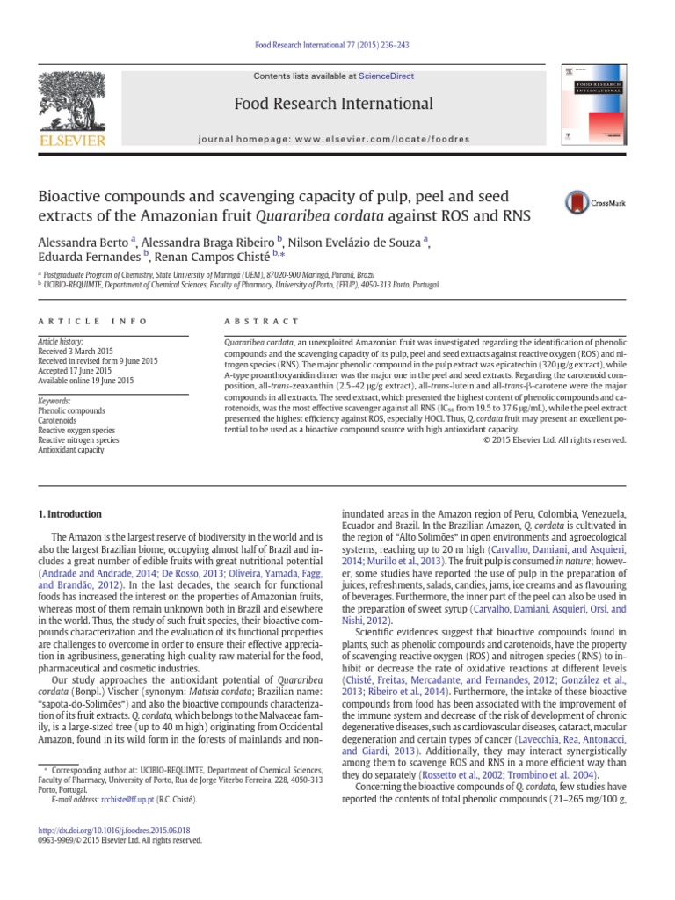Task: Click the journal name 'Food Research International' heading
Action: [332, 104]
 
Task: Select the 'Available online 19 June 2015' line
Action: [85, 381]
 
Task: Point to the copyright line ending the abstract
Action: [555, 439]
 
